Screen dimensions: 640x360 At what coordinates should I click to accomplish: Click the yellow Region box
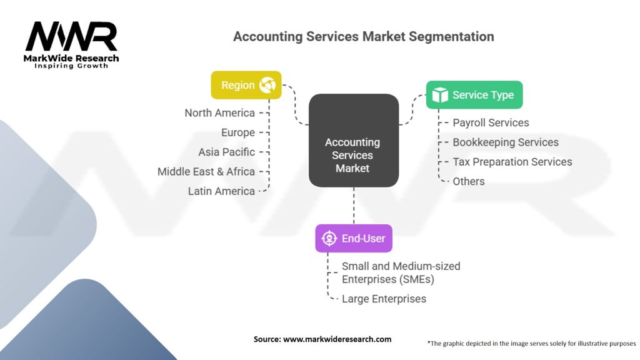click(246, 85)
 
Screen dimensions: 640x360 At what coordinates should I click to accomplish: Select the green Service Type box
click(474, 95)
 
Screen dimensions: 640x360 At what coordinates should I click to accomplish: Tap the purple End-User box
click(354, 238)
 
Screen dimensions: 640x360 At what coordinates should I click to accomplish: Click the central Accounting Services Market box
click(353, 141)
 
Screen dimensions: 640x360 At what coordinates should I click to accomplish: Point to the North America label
click(219, 113)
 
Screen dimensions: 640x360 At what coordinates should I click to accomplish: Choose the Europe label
click(238, 132)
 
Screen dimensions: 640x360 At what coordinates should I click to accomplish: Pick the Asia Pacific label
click(226, 152)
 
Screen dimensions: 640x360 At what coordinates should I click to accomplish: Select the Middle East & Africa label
click(206, 171)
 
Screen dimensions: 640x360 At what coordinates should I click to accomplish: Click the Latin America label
click(221, 191)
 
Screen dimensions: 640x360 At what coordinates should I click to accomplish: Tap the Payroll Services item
click(491, 122)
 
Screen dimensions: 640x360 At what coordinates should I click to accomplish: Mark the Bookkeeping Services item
click(506, 142)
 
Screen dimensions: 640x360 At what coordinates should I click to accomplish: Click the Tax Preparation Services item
click(512, 162)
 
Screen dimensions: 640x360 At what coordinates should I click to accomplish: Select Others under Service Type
click(469, 181)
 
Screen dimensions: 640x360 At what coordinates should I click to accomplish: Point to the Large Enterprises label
click(384, 299)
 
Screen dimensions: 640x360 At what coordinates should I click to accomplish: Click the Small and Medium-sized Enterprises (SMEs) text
click(401, 272)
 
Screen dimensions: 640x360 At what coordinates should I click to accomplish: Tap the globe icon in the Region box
click(267, 85)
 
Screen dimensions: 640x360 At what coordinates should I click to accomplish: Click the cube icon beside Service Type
click(440, 95)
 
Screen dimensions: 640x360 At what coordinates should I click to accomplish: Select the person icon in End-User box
click(329, 238)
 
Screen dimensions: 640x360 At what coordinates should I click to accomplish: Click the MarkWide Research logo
click(72, 45)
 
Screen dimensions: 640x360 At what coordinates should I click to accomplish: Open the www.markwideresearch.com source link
click(337, 339)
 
